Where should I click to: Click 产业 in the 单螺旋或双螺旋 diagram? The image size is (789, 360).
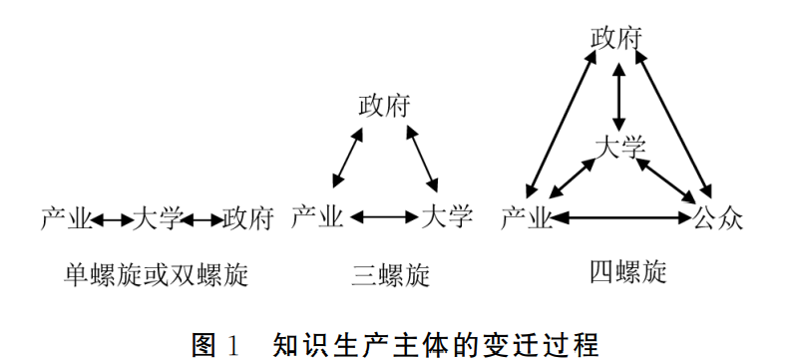[x=67, y=218]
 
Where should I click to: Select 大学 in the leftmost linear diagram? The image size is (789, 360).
[x=157, y=218]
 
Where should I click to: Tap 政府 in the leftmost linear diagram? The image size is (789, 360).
[x=248, y=218]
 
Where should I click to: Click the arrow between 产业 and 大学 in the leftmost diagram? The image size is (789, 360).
[x=112, y=219]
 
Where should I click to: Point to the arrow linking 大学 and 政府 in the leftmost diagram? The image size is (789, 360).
[x=201, y=219]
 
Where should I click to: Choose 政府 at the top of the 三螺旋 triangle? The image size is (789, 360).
[x=384, y=106]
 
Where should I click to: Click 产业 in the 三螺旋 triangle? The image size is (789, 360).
[x=317, y=217]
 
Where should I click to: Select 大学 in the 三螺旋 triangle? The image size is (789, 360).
[x=447, y=216]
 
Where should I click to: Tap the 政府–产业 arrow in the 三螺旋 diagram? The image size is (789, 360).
[x=348, y=158]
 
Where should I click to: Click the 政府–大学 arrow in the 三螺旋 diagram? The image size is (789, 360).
[x=422, y=159]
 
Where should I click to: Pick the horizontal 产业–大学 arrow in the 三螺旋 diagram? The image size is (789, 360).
[x=384, y=217]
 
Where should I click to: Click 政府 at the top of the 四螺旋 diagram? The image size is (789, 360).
[x=616, y=39]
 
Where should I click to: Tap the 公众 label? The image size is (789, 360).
[x=718, y=218]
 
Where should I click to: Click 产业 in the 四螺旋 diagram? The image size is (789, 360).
[x=527, y=219]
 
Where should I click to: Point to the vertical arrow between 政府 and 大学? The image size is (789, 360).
[x=618, y=96]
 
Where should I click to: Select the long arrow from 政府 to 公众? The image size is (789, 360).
[x=673, y=125]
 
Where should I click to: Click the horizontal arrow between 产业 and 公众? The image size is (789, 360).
[x=622, y=217]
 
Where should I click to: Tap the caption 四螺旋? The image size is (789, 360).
[x=628, y=272]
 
